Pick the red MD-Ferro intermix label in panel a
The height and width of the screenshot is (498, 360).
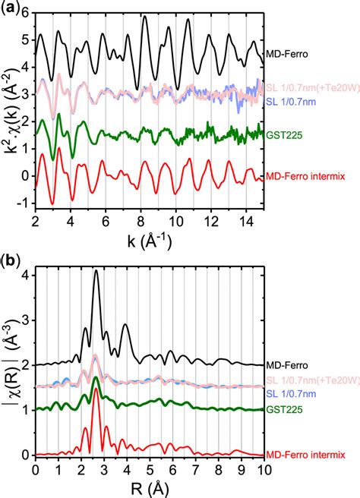[x=310, y=178]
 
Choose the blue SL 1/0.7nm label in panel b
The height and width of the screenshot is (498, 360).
[x=292, y=392]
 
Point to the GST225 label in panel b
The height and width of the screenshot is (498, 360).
[x=283, y=408]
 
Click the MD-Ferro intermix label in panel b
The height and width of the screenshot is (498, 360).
[x=310, y=455]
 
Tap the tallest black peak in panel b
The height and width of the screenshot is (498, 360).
[x=96, y=273]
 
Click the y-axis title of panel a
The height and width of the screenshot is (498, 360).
[x=9, y=110]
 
